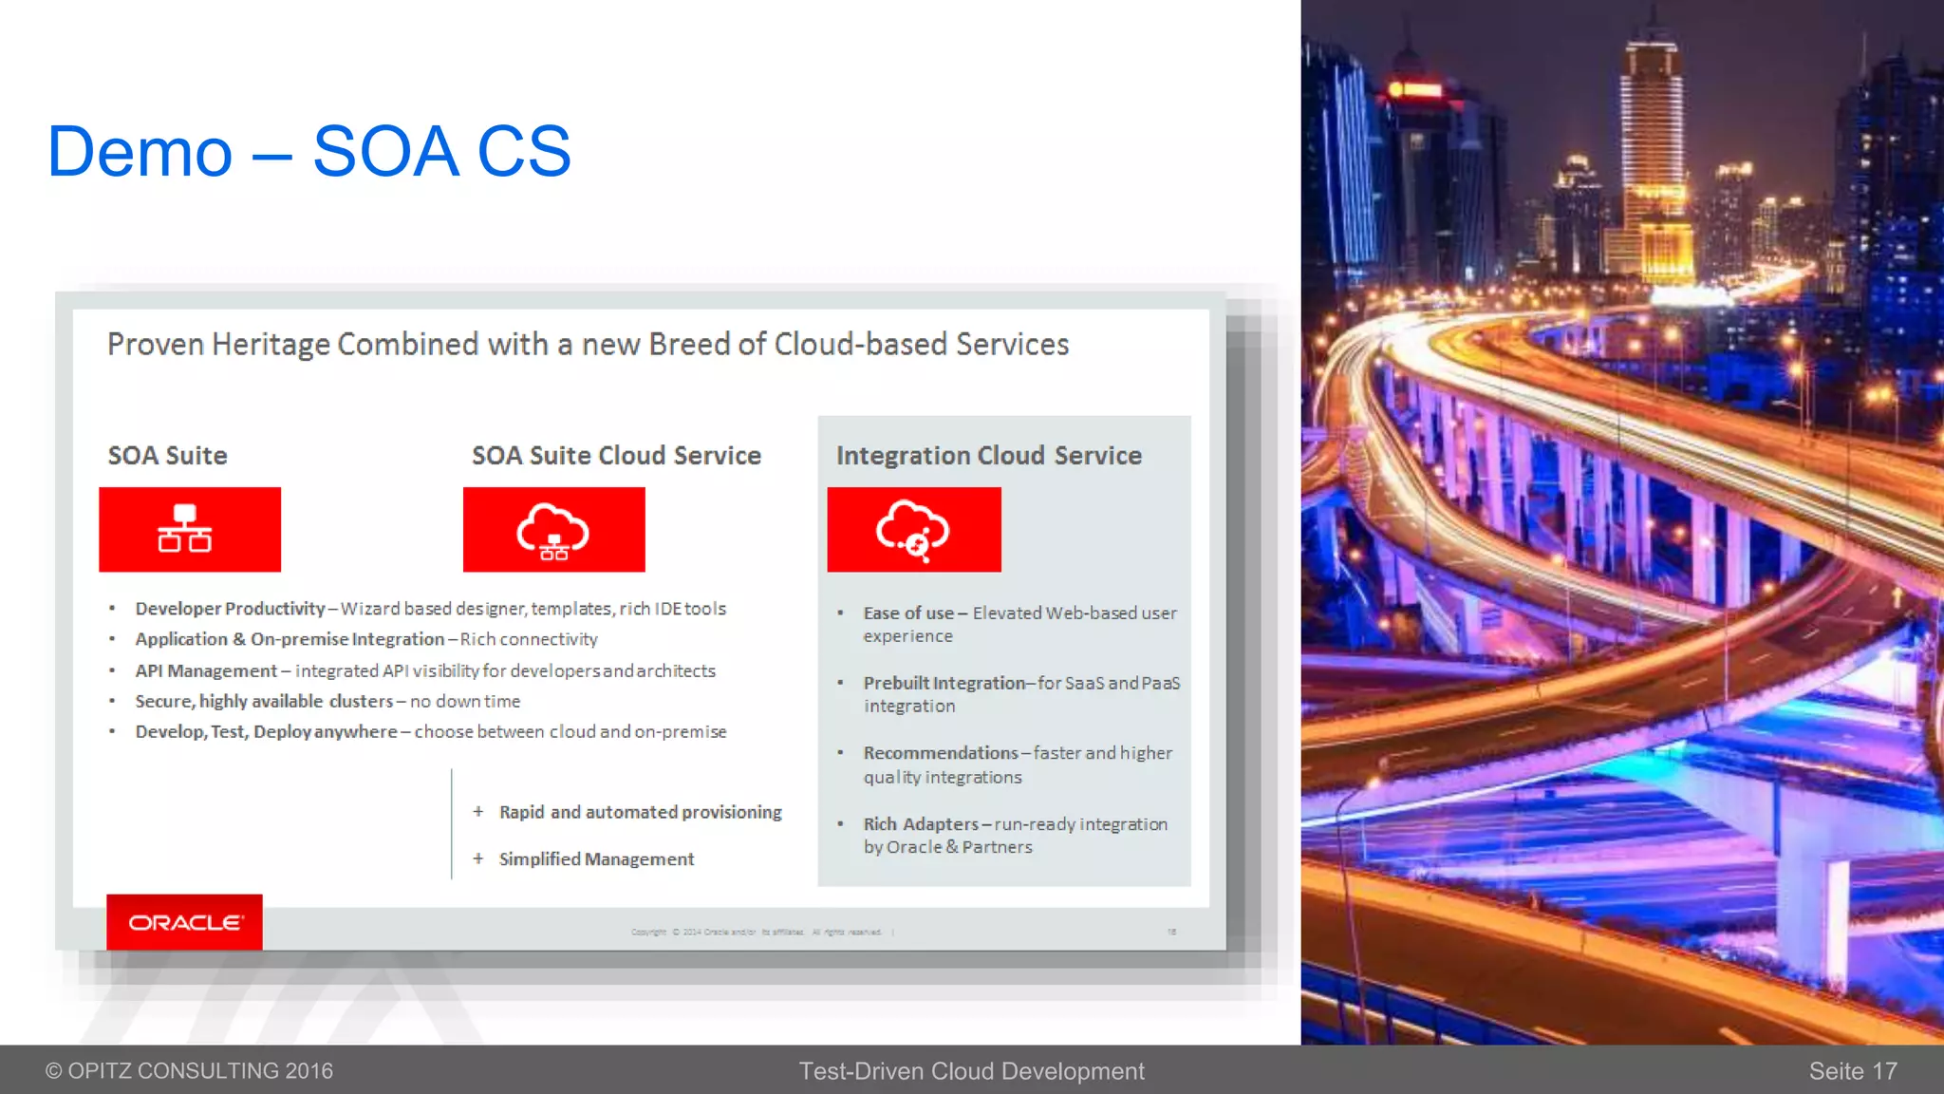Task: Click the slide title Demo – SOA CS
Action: pyautogui.click(x=309, y=151)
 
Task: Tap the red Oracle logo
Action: pyautogui.click(x=185, y=922)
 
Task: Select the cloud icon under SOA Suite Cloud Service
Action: pyautogui.click(x=553, y=530)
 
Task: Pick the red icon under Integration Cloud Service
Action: pyautogui.click(x=913, y=530)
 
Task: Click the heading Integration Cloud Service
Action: pyautogui.click(x=988, y=456)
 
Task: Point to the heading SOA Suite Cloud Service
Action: pyautogui.click(x=616, y=456)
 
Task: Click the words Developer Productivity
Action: pyautogui.click(x=230, y=609)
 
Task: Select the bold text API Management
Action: pyautogui.click(x=206, y=671)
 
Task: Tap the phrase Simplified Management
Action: pyautogui.click(x=596, y=859)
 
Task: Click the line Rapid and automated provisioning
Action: pyautogui.click(x=640, y=813)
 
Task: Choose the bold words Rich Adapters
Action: pyautogui.click(x=920, y=824)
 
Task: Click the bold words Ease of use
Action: pyautogui.click(x=908, y=613)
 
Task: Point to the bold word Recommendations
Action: pyautogui.click(x=940, y=753)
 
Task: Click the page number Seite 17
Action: pyautogui.click(x=1852, y=1071)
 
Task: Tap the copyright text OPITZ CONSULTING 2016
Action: pyautogui.click(x=190, y=1071)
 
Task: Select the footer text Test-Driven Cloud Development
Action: pyautogui.click(x=971, y=1071)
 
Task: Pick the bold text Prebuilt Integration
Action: pyautogui.click(x=944, y=684)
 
